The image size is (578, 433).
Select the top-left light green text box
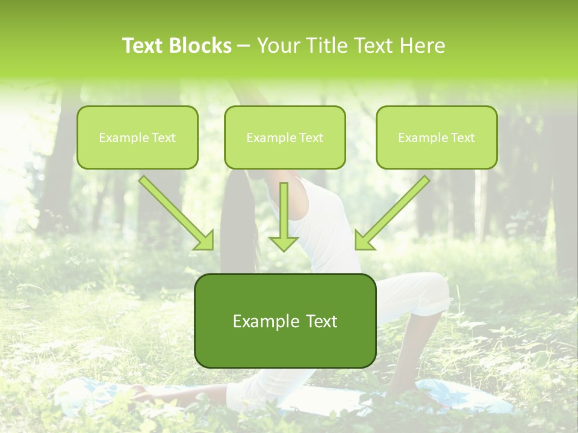point(137,137)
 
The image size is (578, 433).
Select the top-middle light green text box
point(285,137)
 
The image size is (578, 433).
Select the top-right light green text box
point(437,137)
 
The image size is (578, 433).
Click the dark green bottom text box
point(285,321)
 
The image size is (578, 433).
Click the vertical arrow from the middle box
point(284,216)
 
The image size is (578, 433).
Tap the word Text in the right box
point(462,138)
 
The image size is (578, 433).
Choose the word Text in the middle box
point(311,138)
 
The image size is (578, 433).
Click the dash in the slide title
point(244,46)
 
